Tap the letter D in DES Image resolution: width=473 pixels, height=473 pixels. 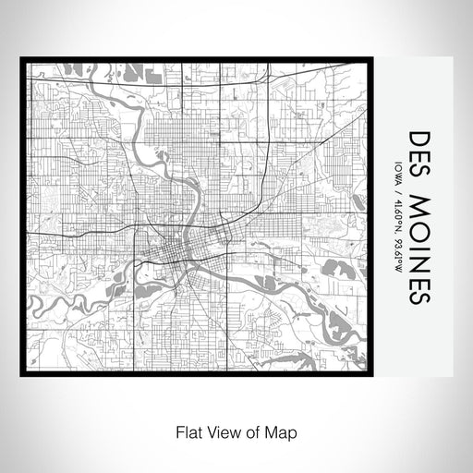(418, 138)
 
